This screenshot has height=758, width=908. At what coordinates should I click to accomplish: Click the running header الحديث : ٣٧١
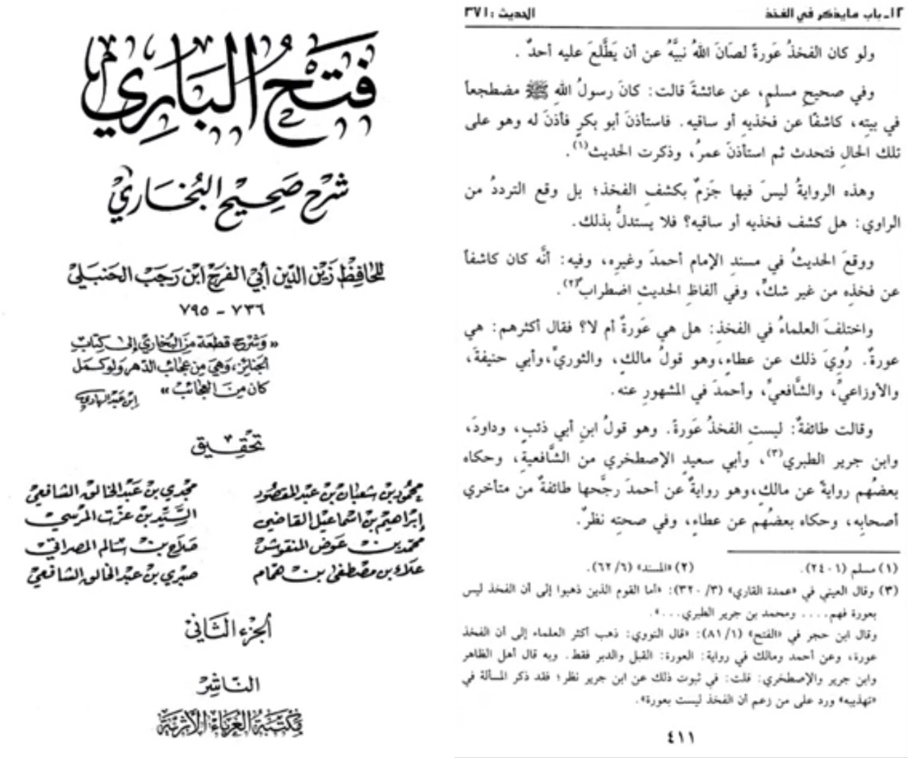coord(493,15)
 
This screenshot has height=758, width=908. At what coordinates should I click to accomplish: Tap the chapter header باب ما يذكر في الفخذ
coord(836,15)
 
